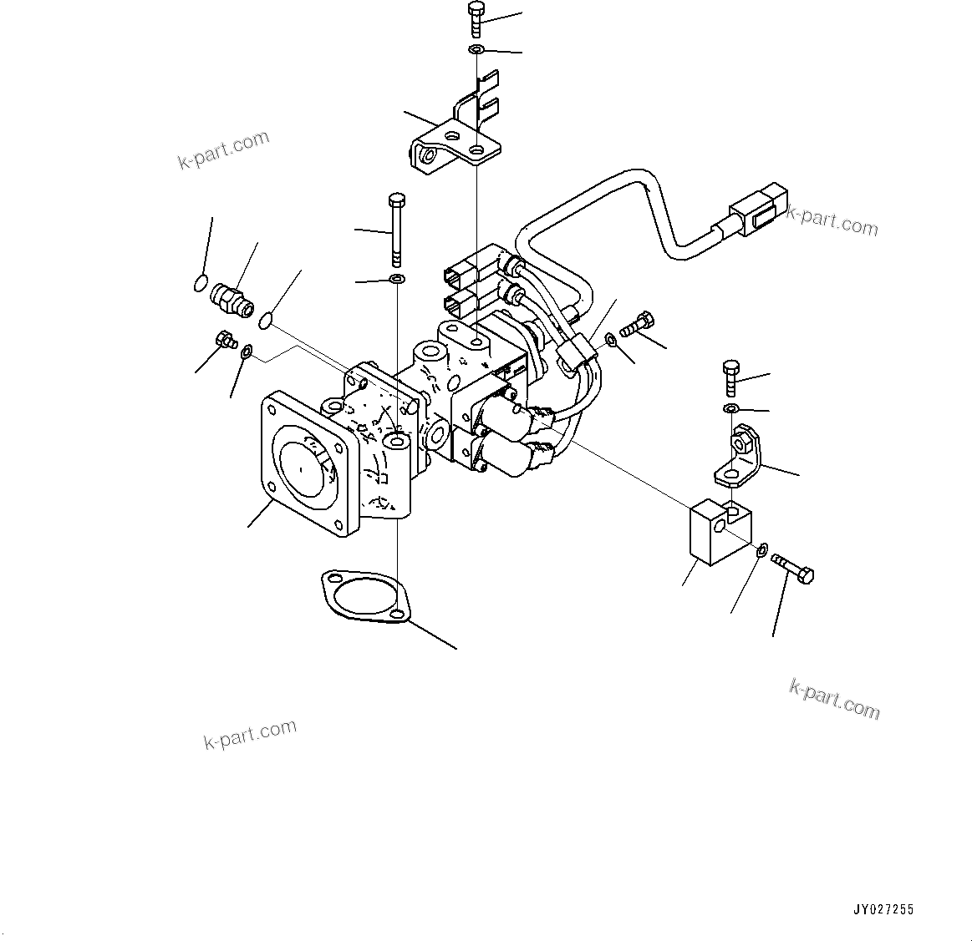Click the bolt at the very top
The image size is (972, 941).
(476, 18)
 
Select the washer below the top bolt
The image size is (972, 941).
(476, 52)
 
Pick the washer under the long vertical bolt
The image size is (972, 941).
(397, 277)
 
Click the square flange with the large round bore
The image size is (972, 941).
(301, 463)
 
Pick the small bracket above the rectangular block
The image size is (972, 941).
(739, 456)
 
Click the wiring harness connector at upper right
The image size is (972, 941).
(757, 214)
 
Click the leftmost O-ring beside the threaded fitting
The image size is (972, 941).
(201, 283)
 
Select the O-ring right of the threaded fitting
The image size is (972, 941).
(267, 319)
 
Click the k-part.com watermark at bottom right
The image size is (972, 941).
(834, 699)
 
